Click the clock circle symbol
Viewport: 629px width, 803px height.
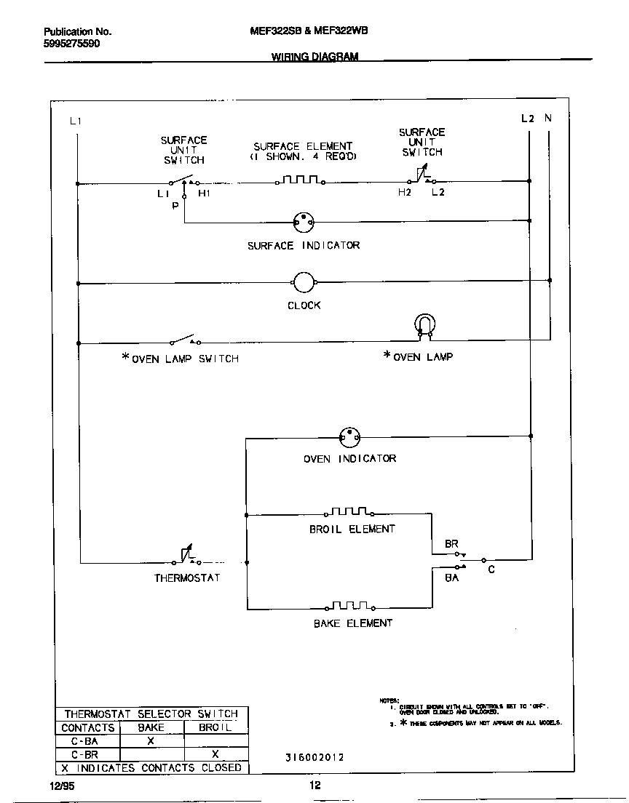[303, 282]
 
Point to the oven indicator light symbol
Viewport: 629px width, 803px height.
[349, 437]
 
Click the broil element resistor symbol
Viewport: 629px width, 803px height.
[352, 514]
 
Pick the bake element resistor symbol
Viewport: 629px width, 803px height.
[352, 606]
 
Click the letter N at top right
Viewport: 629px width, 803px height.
[547, 118]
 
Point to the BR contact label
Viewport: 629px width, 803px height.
[451, 544]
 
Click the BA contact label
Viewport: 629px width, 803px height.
[451, 578]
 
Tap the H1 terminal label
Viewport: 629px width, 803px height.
[205, 193]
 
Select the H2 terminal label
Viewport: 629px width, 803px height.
[405, 192]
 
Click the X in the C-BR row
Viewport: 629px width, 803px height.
[215, 754]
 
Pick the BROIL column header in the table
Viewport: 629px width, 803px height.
[215, 727]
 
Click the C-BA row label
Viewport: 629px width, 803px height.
[85, 741]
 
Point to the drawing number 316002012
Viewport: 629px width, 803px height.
[314, 757]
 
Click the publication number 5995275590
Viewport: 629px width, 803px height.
[72, 44]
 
